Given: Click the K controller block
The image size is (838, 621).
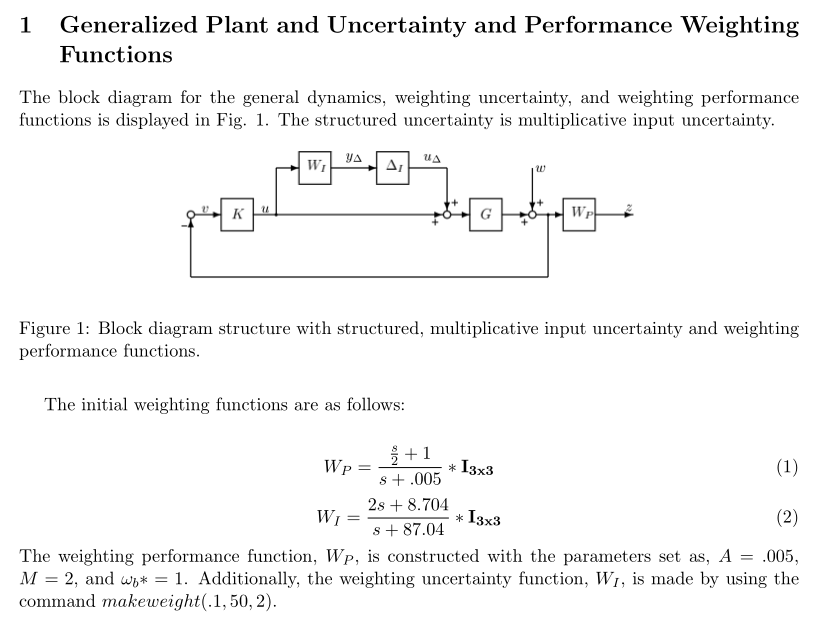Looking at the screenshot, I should pos(237,214).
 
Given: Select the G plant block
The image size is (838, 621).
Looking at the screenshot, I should pos(485,214).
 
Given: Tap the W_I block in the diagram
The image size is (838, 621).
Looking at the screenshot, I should pos(316,165).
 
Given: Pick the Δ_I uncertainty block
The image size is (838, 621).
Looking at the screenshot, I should pos(392,165).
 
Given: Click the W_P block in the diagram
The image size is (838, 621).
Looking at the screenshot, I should pos(580,214).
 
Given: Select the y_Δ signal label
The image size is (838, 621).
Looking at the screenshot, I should pos(354,156).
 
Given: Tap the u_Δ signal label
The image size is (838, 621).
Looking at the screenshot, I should pos(431,156).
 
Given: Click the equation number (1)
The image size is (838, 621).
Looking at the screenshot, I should pos(787,466).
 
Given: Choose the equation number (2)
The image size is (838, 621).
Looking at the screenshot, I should pos(787,517).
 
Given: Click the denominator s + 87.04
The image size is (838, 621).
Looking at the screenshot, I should pos(408,530).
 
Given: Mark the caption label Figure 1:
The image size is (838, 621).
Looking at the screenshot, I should pos(54,328).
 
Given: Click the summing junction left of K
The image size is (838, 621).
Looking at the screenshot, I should pos(190,215).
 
